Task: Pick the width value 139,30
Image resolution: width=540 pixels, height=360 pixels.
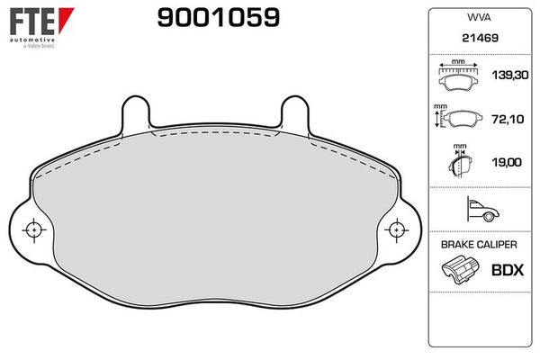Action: click(502, 79)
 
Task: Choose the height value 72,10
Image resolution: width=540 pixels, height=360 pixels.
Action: click(502, 119)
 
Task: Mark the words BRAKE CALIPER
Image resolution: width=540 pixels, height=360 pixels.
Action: click(477, 245)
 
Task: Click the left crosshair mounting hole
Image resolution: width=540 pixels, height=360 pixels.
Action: click(33, 230)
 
